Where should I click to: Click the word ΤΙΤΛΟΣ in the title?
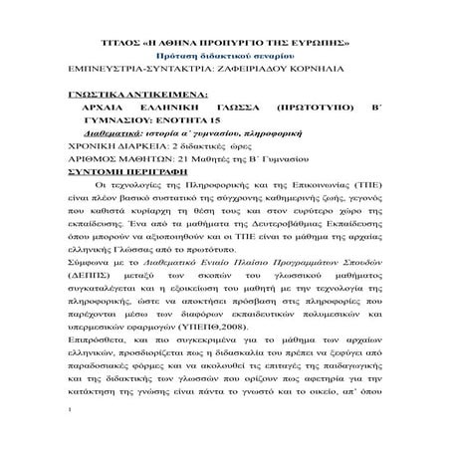[128, 47]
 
